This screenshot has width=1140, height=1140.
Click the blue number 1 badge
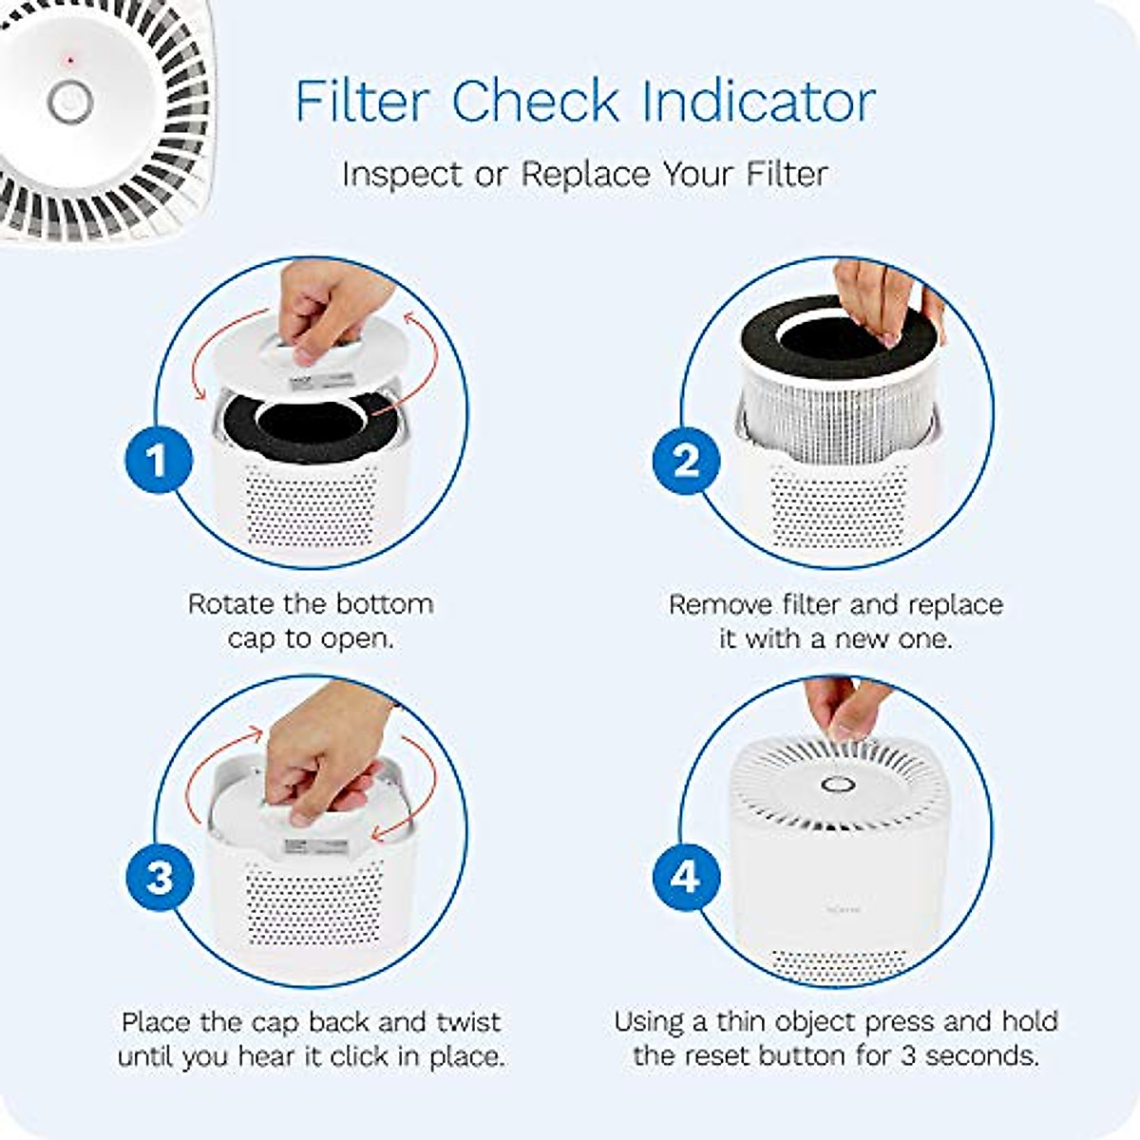click(x=158, y=461)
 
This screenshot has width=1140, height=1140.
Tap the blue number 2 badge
click(x=685, y=461)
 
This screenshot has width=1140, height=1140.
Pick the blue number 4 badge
click(x=685, y=877)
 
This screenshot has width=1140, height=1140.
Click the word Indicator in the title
click(x=758, y=101)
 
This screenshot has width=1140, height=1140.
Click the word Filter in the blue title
click(x=363, y=101)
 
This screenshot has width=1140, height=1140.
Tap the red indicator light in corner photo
click(x=70, y=61)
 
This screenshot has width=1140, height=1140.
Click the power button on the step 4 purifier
click(x=835, y=786)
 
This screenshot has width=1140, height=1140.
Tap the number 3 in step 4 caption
click(x=907, y=1056)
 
